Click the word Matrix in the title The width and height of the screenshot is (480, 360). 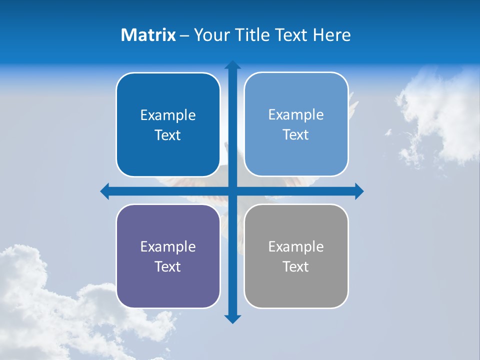pyautogui.click(x=148, y=35)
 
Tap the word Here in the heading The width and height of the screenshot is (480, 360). pyautogui.click(x=332, y=35)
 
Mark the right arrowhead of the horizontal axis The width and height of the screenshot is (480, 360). pyautogui.click(x=359, y=191)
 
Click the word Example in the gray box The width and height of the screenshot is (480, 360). pyautogui.click(x=296, y=246)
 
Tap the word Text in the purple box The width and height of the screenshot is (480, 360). pyautogui.click(x=168, y=266)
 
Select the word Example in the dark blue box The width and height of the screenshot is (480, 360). pyautogui.click(x=168, y=115)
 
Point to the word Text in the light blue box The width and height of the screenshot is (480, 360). pyautogui.click(x=296, y=135)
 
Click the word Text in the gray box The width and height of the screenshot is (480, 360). pyautogui.click(x=296, y=266)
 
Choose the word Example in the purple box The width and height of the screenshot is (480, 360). pyautogui.click(x=168, y=246)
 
